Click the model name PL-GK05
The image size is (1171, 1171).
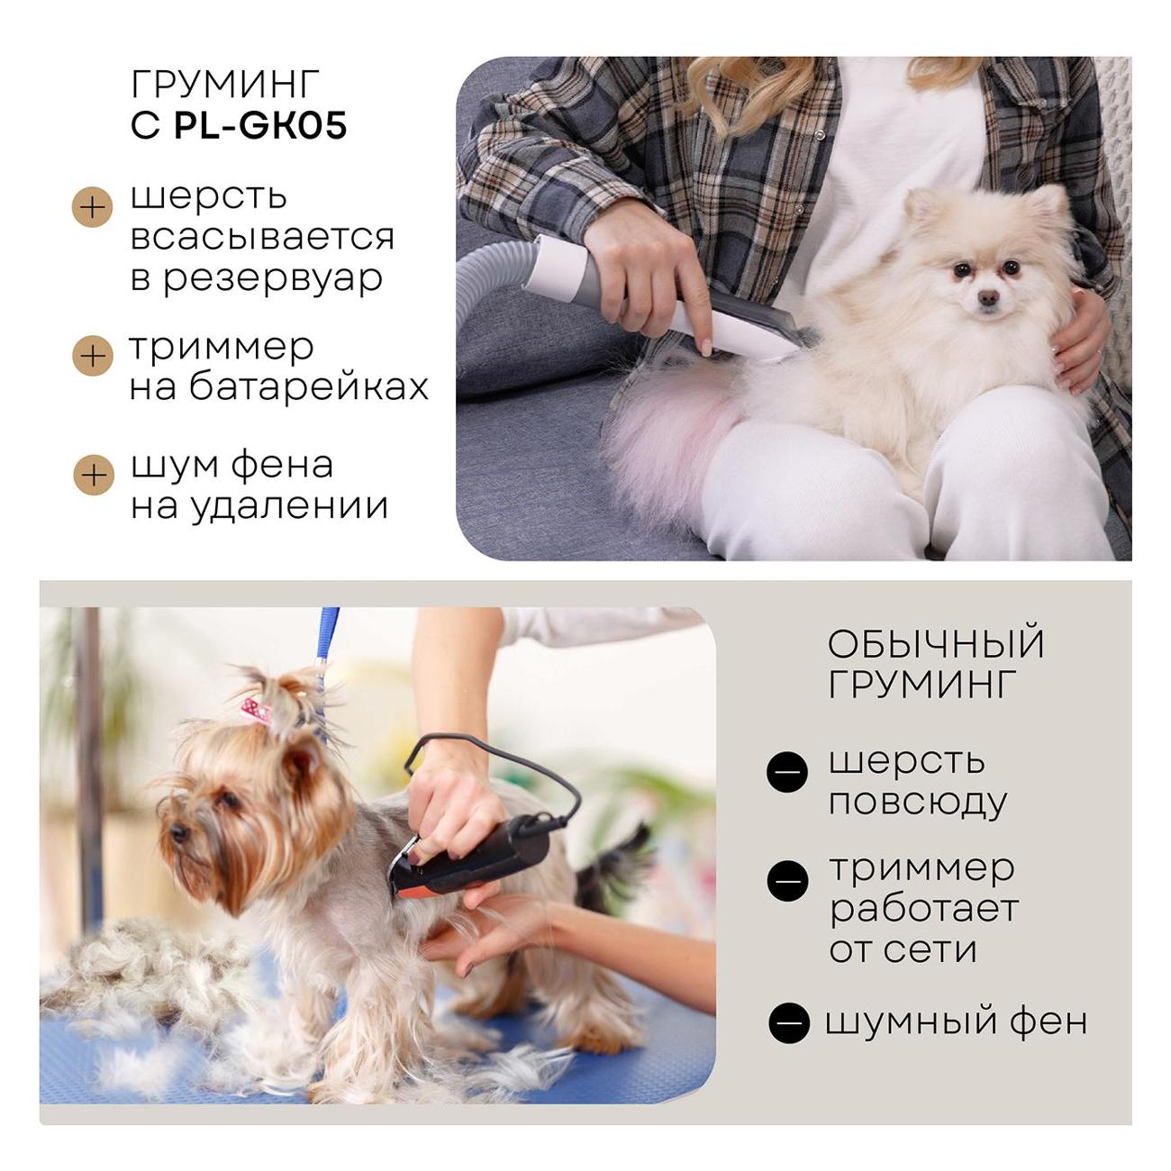tap(260, 125)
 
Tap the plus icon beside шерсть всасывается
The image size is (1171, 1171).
tap(93, 207)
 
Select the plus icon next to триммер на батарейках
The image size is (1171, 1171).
tap(93, 356)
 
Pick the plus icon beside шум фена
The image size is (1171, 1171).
tap(94, 475)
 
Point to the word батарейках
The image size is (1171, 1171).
tap(309, 386)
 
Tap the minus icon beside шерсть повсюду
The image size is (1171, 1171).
tap(787, 771)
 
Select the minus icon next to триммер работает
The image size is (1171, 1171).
tap(787, 881)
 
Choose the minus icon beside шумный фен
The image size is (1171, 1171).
tap(789, 1022)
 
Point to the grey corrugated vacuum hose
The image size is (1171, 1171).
tap(492, 275)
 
